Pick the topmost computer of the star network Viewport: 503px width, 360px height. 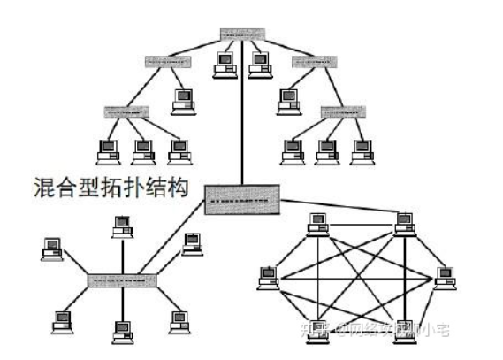(118, 226)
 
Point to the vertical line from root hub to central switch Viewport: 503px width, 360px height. (241, 124)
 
